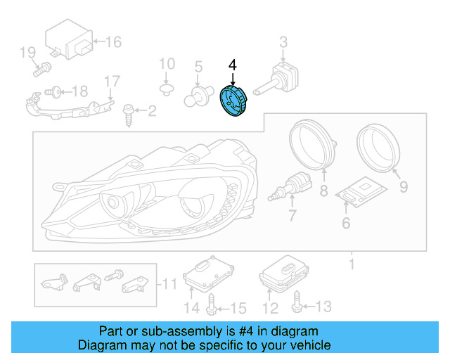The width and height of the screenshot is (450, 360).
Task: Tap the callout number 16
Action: pos(113,42)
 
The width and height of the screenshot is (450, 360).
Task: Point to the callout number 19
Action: pos(27,52)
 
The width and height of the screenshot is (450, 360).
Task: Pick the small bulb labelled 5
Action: pos(199,95)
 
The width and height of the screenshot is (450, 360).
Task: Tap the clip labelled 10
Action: pos(167,89)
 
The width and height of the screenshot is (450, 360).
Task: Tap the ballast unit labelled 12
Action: pos(284,275)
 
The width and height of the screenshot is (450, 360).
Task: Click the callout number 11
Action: pos(171,285)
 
